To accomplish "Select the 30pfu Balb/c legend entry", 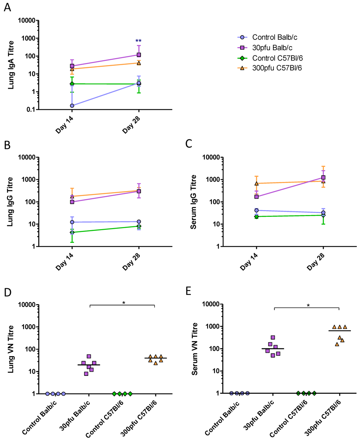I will pyautogui.click(x=267, y=48).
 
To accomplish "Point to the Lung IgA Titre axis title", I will pyautogui.click(x=11, y=65).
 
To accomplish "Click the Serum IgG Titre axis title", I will pyautogui.click(x=193, y=202).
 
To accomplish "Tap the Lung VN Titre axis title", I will pyautogui.click(x=11, y=349).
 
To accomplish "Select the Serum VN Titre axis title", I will pyautogui.click(x=194, y=349).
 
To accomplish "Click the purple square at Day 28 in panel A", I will pyautogui.click(x=139, y=55).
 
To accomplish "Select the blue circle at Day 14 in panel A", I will pyautogui.click(x=72, y=106).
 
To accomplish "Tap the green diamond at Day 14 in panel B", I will pyautogui.click(x=72, y=232).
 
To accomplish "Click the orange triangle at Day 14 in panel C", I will pyautogui.click(x=256, y=183).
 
